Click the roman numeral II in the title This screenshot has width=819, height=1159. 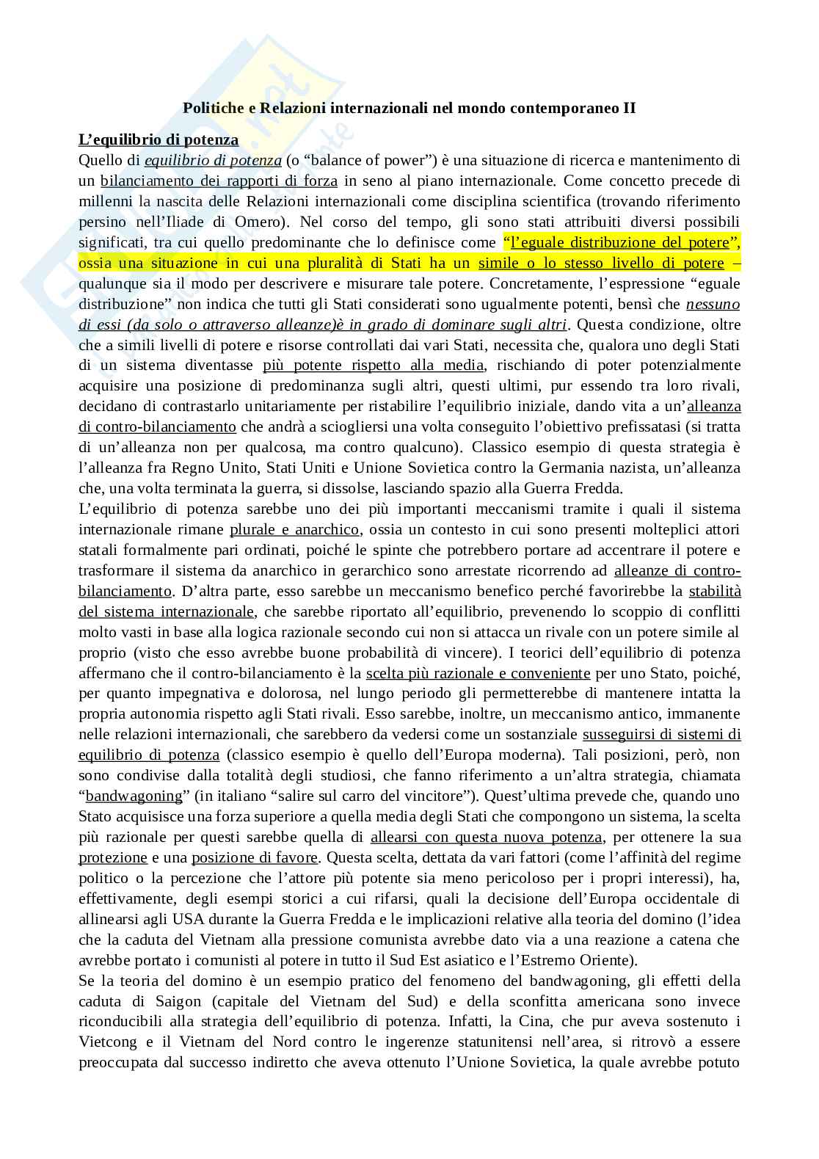[629, 108]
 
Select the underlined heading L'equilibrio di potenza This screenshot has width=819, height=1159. [159, 139]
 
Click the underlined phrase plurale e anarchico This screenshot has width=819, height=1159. [294, 529]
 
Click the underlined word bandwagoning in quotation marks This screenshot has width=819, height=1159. [134, 796]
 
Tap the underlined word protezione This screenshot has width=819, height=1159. [113, 857]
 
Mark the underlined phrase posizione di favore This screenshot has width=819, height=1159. [255, 857]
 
